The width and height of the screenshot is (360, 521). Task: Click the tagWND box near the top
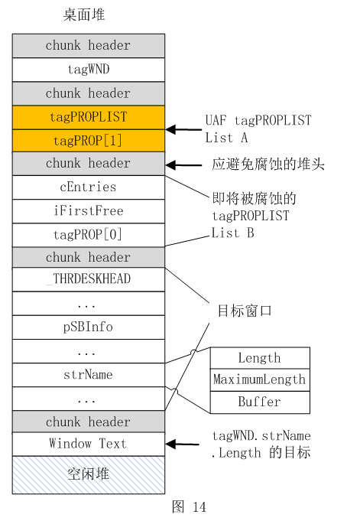pos(89,70)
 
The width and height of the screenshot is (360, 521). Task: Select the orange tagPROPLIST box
pos(89,117)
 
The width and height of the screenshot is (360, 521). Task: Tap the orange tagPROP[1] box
pos(89,141)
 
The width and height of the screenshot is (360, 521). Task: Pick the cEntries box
pos(89,187)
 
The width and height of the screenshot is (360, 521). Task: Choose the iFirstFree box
pos(89,211)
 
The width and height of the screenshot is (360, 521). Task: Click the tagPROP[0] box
pos(89,235)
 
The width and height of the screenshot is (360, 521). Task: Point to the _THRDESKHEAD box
pos(89,279)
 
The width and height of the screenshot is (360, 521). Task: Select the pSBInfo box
pos(89,327)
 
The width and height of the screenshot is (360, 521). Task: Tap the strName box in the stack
pos(89,375)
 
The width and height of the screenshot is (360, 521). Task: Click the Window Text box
pos(89,444)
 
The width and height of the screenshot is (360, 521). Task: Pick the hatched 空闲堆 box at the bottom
pos(89,475)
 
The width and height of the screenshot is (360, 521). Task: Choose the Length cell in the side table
pos(260,358)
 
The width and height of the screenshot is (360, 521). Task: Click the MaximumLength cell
pos(260,379)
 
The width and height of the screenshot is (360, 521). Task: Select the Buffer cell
pos(260,402)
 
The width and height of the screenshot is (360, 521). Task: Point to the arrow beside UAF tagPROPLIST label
pos(183,129)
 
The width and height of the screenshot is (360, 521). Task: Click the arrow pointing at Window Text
pos(183,444)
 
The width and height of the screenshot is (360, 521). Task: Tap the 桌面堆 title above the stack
pos(84,15)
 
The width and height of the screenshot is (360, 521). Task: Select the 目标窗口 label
pos(245,311)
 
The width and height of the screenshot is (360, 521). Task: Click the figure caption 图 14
pos(190,507)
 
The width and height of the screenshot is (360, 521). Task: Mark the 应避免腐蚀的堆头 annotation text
pos(268,164)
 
